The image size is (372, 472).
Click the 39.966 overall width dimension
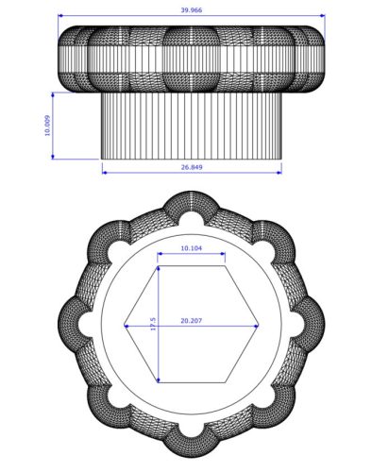coord(191,8)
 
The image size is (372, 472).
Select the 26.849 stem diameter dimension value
coord(191,167)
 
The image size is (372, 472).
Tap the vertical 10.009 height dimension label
coord(47,126)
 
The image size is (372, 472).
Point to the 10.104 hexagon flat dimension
coord(191,249)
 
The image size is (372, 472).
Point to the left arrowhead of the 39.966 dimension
coord(61,16)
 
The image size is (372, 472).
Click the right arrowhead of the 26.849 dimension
coord(279,172)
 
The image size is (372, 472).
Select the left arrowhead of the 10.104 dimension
coord(158,257)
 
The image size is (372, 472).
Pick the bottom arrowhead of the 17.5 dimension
coord(159,379)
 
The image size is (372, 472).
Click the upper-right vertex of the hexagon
coord(226,266)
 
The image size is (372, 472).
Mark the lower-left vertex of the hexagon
coord(158,382)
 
